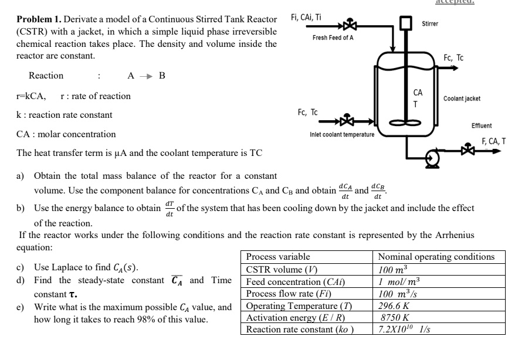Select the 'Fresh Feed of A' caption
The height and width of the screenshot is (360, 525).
332,38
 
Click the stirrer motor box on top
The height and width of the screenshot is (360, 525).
405,23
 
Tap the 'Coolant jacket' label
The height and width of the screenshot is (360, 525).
462,99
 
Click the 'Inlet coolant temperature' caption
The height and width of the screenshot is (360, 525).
341,135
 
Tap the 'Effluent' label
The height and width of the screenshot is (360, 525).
482,126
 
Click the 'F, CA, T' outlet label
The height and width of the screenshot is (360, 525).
493,141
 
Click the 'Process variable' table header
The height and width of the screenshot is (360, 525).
278,257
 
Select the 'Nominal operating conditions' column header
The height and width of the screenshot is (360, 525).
436,257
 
